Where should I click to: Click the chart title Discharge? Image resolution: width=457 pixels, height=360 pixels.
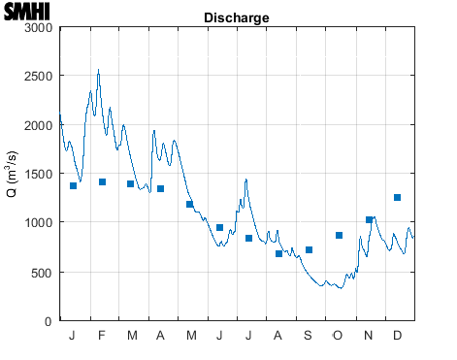click(x=237, y=18)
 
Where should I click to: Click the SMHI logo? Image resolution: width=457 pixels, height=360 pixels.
click(x=27, y=13)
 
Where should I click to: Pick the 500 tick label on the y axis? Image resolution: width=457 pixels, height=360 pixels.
click(x=41, y=272)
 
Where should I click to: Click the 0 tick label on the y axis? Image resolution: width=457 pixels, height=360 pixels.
click(x=49, y=320)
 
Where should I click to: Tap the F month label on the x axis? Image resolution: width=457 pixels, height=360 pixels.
click(x=102, y=336)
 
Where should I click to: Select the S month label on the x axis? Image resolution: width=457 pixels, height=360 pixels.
click(x=309, y=336)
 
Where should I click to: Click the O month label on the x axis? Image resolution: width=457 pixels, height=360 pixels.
click(x=338, y=336)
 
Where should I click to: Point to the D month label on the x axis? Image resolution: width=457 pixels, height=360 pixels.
click(x=397, y=336)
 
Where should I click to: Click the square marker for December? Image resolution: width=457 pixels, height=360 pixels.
click(x=397, y=197)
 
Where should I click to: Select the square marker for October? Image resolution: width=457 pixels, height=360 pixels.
click(x=339, y=235)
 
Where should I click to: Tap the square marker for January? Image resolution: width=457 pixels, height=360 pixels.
click(x=73, y=185)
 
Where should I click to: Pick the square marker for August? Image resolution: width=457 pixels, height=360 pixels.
click(x=278, y=253)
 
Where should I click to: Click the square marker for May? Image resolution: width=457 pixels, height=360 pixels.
click(x=189, y=204)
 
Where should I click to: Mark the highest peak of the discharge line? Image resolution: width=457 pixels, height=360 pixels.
click(x=98, y=70)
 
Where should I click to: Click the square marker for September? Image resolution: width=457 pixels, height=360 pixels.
click(x=309, y=249)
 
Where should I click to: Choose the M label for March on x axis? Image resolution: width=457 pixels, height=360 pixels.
click(x=132, y=336)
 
